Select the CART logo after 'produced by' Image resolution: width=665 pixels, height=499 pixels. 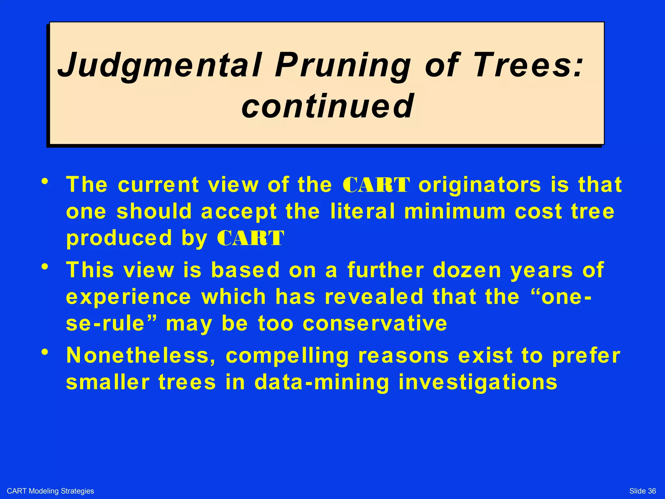click(250, 238)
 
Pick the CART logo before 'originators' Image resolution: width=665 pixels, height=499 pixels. click(376, 185)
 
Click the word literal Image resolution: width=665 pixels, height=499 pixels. click(363, 211)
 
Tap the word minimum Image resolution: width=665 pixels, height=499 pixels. click(455, 211)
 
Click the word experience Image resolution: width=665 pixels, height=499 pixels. click(129, 297)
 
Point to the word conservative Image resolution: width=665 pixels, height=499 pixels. click(375, 323)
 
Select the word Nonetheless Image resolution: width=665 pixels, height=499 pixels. click(141, 355)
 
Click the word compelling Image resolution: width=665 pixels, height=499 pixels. click(287, 356)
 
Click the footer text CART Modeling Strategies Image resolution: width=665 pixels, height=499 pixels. click(50, 491)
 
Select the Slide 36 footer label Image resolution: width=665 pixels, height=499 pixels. click(642, 491)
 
